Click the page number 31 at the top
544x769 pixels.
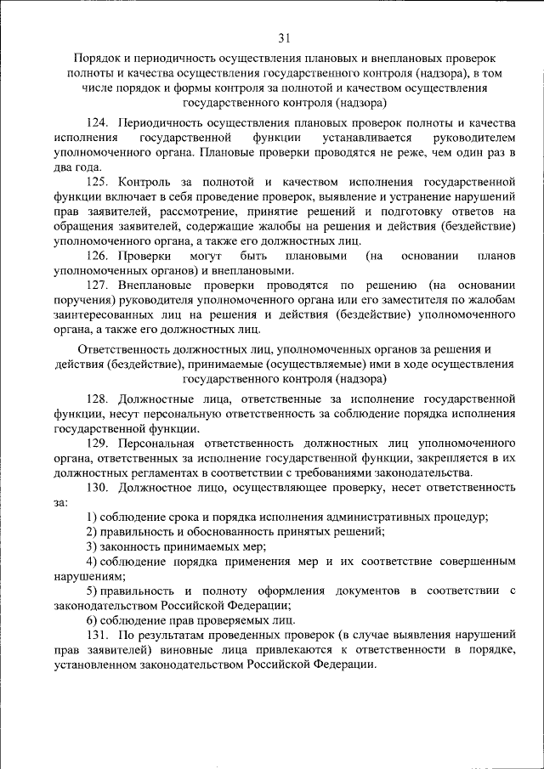pos(284,37)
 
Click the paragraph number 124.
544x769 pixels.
pos(99,123)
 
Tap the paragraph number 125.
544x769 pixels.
pos(99,182)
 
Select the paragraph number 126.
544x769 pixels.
pos(99,255)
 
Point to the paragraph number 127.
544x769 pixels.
pos(99,285)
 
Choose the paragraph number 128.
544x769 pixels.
pos(99,399)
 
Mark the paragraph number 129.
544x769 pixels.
pos(99,443)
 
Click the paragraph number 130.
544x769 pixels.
pos(99,487)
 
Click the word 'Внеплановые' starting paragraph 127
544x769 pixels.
pos(157,285)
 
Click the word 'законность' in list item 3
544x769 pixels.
pos(129,546)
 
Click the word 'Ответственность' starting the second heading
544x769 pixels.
pos(124,349)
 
